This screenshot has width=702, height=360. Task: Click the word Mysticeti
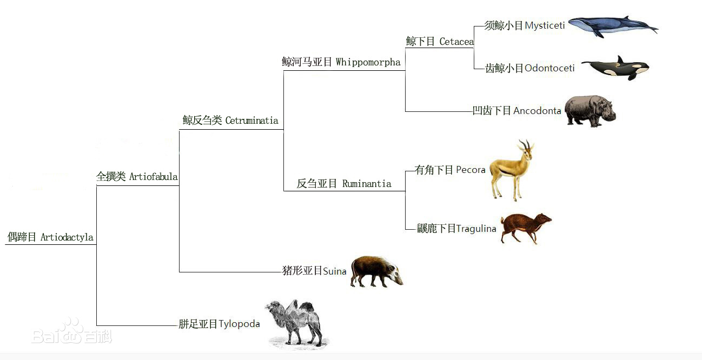[545, 25]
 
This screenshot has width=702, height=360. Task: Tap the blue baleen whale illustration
[613, 26]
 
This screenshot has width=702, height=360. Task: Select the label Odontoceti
[549, 68]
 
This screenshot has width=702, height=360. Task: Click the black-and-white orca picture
[615, 68]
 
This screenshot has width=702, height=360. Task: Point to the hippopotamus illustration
[591, 111]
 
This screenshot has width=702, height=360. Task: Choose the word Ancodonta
[537, 111]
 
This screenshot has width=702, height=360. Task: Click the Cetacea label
[456, 42]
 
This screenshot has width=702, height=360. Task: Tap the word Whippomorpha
[368, 62]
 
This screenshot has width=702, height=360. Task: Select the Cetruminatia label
[251, 121]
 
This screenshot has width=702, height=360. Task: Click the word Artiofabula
[153, 176]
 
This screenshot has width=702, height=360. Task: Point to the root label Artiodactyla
[67, 237]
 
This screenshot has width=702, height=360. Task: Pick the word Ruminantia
[367, 184]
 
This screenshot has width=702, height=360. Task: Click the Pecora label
[471, 170]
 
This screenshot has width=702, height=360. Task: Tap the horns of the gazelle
[526, 144]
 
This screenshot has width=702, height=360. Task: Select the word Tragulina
[476, 229]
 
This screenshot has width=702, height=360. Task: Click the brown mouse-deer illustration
[526, 228]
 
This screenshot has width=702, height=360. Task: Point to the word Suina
[335, 271]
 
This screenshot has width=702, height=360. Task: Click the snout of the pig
[399, 282]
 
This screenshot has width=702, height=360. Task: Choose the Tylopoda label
[239, 324]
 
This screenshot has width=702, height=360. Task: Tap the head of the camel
[273, 306]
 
